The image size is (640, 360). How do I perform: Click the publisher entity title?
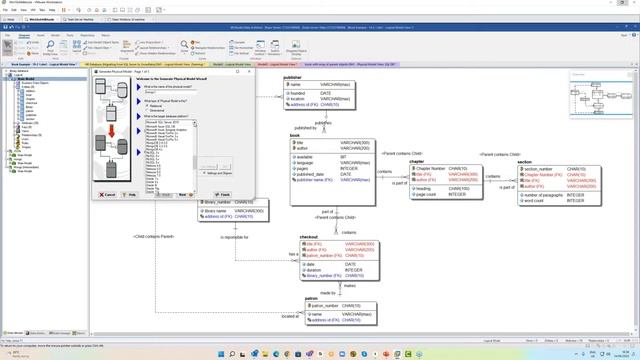293,77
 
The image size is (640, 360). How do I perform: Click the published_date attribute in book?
310,175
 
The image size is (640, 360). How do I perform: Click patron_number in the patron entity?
326,305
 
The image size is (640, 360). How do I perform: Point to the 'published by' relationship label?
306,128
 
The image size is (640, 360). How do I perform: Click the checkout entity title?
309,237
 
